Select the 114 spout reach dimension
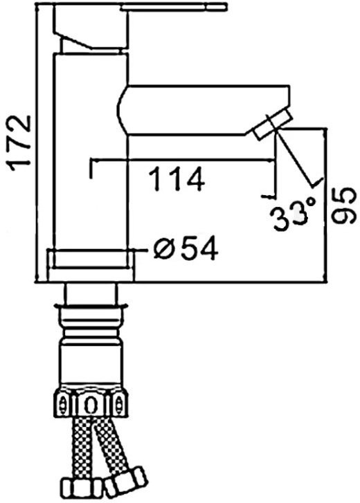(x=177, y=179)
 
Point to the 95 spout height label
(x=343, y=205)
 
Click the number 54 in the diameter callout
(x=199, y=249)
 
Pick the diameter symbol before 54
(x=164, y=249)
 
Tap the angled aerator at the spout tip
(x=273, y=124)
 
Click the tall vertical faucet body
(x=91, y=151)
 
